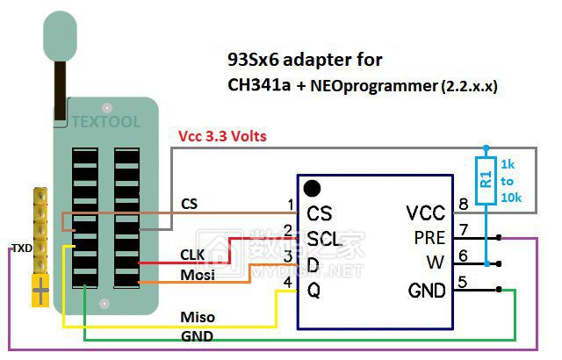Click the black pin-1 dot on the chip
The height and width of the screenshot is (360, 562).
(x=312, y=189)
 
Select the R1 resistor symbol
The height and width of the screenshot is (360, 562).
(x=486, y=181)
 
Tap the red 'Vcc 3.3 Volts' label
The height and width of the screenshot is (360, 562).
(x=222, y=136)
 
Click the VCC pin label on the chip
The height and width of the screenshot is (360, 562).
(x=426, y=213)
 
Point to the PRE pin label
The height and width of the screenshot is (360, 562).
(x=429, y=238)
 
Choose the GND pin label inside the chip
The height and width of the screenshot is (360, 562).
(x=427, y=290)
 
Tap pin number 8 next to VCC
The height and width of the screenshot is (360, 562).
(x=464, y=205)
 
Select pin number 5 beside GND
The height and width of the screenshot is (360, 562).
(x=463, y=282)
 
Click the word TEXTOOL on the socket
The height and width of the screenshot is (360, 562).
(x=105, y=122)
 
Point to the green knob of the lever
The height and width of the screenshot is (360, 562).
(x=61, y=36)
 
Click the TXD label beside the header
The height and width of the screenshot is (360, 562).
(x=22, y=248)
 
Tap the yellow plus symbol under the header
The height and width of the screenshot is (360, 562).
(x=40, y=291)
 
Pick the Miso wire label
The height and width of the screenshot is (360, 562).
(x=198, y=317)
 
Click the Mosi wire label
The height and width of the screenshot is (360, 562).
(x=198, y=275)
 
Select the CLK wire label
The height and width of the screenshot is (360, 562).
(x=192, y=255)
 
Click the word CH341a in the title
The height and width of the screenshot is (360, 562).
(x=259, y=85)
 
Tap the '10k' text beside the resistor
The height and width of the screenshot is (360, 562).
(x=511, y=198)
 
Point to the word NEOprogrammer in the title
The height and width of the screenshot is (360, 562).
(x=374, y=86)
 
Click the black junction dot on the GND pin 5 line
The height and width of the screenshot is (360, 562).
(x=499, y=289)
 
